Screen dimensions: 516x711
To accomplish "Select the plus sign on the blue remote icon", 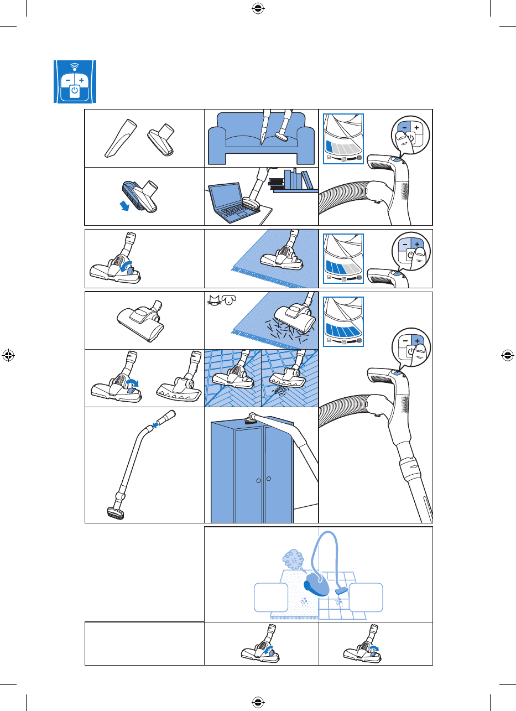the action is (82, 80).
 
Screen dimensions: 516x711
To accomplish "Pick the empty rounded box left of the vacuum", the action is (272, 597).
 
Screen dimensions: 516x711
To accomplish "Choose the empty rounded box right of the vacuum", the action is (366, 597).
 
